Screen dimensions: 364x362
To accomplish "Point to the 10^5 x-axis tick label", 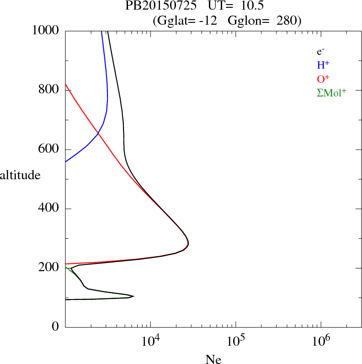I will coord(236,341).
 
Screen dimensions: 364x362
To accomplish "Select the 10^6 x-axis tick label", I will coord(321,341).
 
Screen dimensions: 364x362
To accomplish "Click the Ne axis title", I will coord(213,359).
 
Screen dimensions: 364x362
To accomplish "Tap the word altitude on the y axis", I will coord(20,175).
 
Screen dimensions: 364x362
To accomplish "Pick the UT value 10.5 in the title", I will coord(250,6).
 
